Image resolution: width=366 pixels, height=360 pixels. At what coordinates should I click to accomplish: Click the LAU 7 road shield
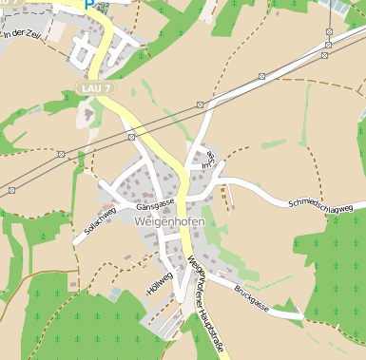94,88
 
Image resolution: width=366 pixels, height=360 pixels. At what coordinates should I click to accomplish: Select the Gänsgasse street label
155,204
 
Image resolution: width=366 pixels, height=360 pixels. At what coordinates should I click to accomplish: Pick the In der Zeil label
23,34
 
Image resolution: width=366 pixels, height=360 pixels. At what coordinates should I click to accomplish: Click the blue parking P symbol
89,4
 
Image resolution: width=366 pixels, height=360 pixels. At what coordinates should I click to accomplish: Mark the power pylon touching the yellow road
130,137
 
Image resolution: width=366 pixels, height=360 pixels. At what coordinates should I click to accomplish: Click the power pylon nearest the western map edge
11,190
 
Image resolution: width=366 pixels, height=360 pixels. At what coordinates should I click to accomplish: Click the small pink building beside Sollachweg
106,203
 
